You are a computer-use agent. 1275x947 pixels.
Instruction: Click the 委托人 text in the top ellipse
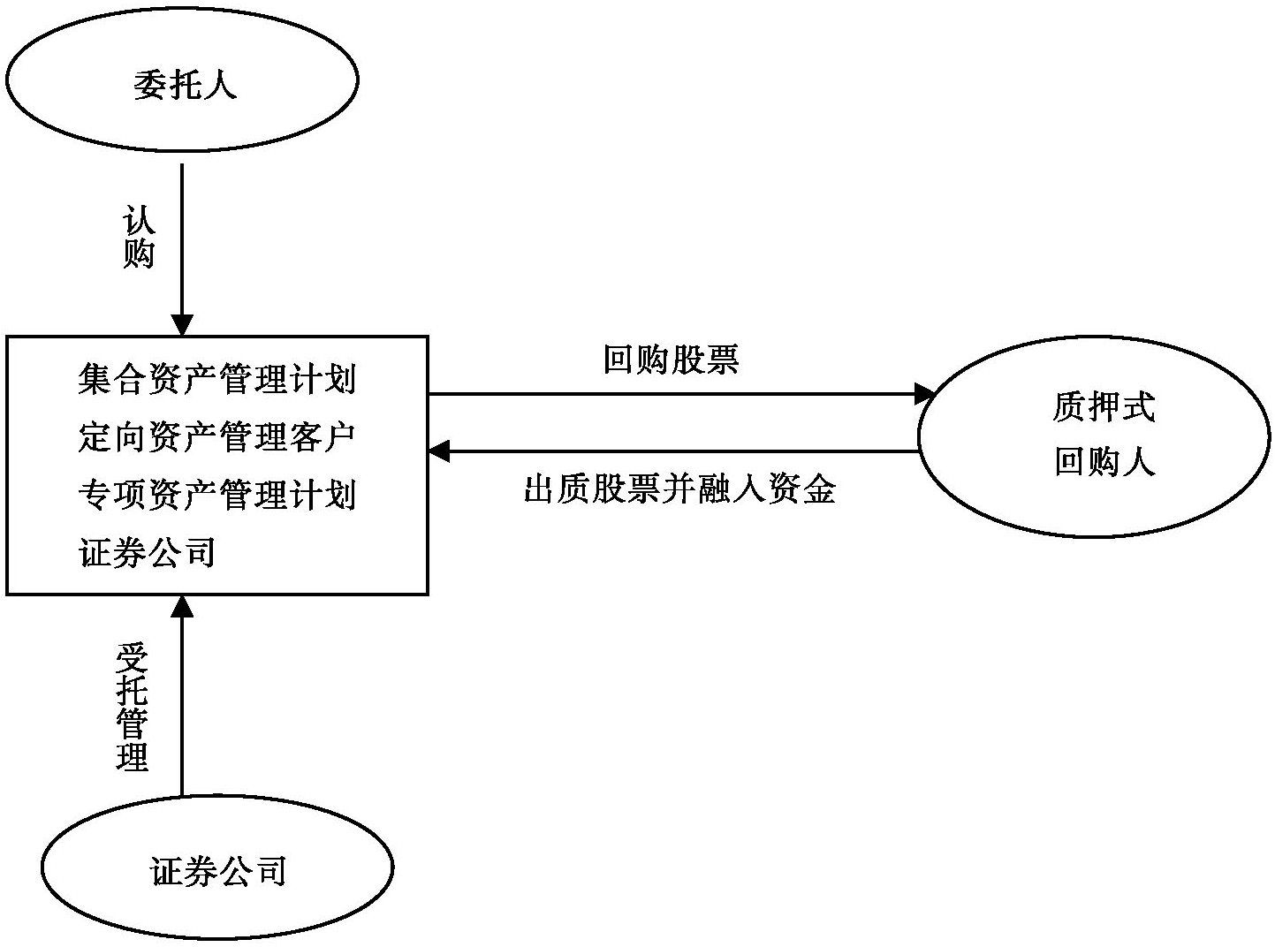click(185, 86)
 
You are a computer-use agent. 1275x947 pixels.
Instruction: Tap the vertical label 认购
click(140, 238)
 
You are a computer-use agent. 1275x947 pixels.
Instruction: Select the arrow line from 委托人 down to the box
click(181, 239)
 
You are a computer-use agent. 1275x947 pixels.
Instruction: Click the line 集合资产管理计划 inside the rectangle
click(216, 380)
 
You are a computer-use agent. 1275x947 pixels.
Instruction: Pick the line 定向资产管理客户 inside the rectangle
click(216, 437)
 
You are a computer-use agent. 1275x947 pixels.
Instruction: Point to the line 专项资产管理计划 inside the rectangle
click(216, 495)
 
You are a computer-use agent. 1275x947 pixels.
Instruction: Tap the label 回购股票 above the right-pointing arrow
click(671, 360)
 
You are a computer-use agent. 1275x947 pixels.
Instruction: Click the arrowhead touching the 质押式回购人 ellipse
click(925, 394)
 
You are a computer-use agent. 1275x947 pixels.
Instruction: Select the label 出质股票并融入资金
click(679, 489)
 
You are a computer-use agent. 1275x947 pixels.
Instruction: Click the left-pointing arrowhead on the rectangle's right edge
click(439, 451)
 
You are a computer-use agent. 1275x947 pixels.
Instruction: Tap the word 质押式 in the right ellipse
click(1104, 407)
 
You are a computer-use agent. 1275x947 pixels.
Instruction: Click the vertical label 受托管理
click(133, 707)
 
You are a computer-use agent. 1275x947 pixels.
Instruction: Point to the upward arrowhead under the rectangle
click(181, 606)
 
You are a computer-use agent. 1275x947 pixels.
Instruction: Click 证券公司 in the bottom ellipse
click(219, 872)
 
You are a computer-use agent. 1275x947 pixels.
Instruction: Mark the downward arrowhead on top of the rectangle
click(181, 324)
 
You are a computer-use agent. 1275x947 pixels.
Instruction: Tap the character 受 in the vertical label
click(133, 659)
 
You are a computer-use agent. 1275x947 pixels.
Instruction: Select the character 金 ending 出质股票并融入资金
click(818, 489)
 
